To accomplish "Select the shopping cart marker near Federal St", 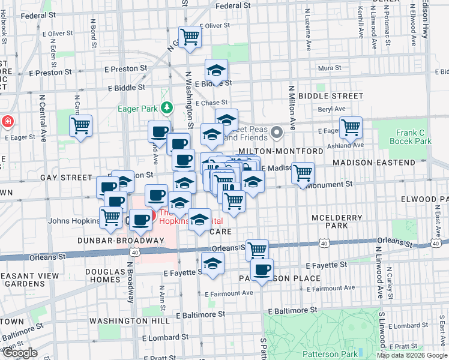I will point(190,37).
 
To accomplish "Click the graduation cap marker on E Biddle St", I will point(216,71).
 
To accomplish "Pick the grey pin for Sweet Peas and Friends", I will point(276,131).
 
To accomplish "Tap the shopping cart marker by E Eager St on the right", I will point(350,127).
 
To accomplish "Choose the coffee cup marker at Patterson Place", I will point(262,270).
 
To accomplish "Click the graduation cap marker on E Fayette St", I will point(212,263).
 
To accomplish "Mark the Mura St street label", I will point(330,68).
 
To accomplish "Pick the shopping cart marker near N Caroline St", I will point(80,126).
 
